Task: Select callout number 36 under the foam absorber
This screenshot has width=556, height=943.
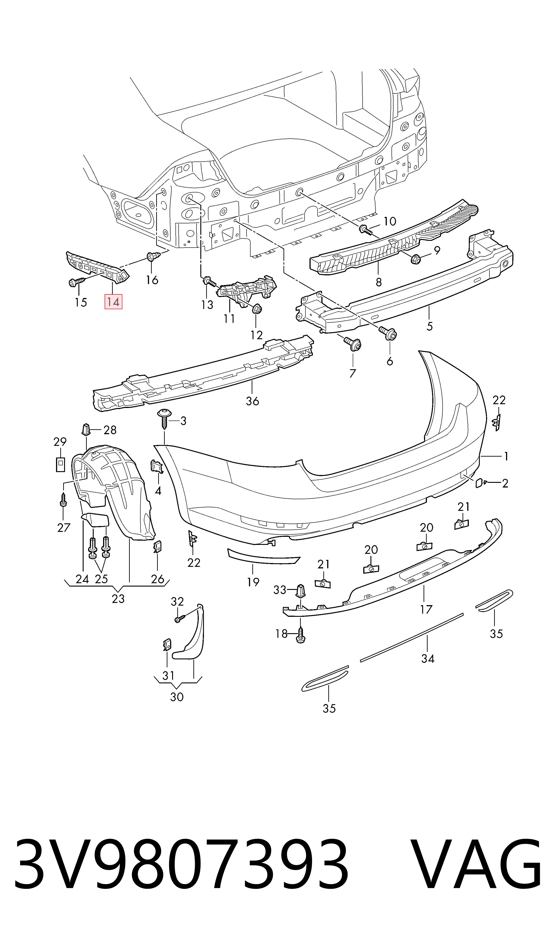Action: pos(253,401)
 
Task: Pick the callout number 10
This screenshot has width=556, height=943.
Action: pos(390,221)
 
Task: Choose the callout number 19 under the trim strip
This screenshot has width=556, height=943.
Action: pos(253,582)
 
